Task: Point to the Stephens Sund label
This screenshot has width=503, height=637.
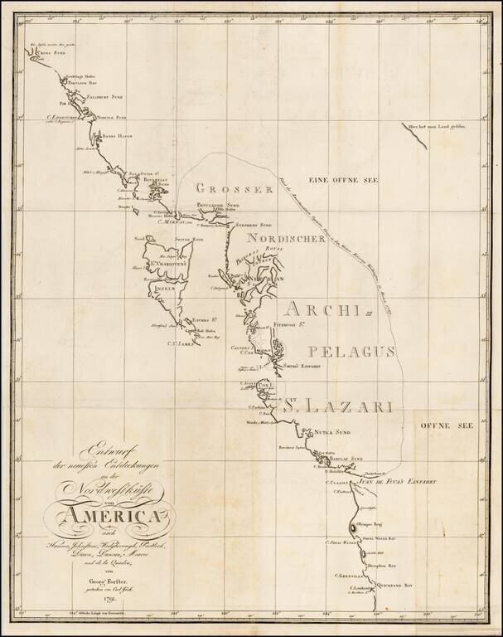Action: click(254, 225)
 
